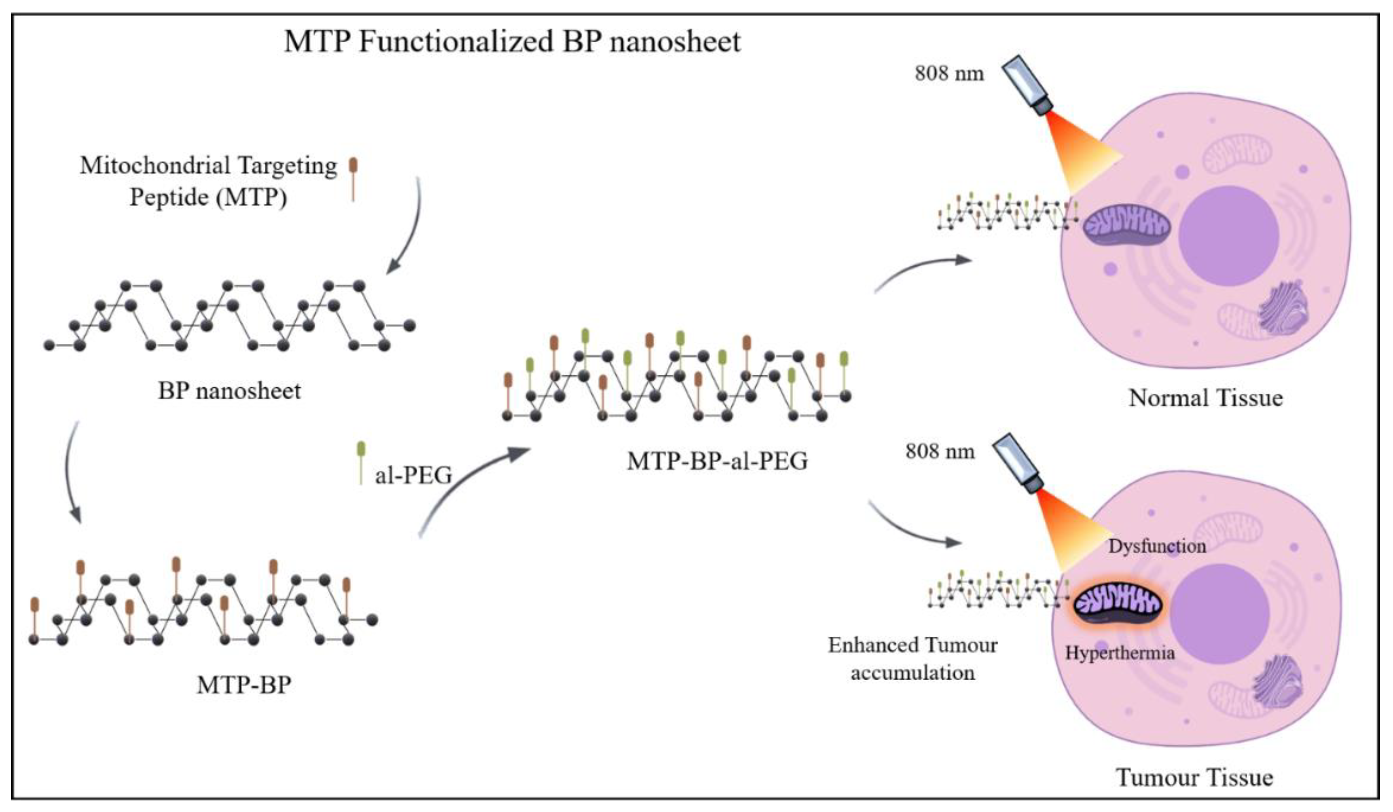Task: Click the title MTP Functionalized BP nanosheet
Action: tap(512, 42)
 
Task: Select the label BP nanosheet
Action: tap(229, 391)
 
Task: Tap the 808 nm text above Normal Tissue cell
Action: tap(949, 74)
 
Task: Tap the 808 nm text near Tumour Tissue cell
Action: tap(939, 452)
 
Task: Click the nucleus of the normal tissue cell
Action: tap(1228, 235)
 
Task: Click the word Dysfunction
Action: tap(1156, 546)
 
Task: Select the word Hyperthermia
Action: tap(1119, 653)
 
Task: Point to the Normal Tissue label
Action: tap(1205, 398)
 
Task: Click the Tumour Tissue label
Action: tap(1194, 778)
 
